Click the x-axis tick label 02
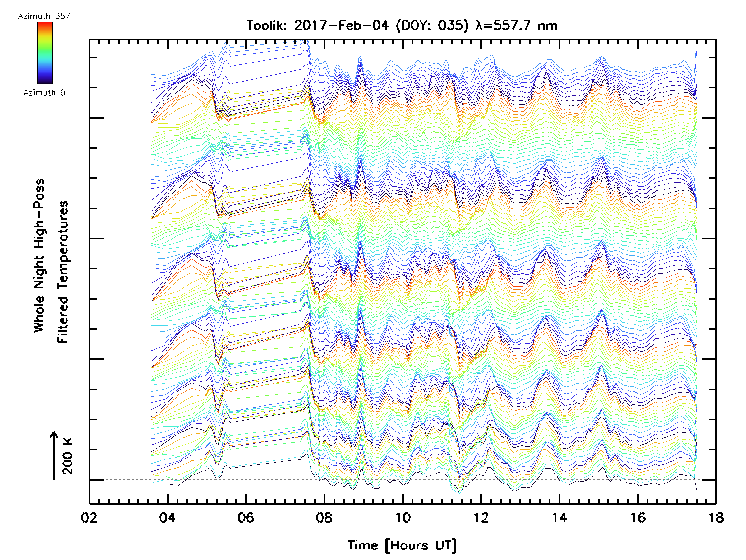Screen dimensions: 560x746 point(89,518)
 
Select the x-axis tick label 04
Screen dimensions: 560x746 point(167,518)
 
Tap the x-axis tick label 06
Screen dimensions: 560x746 point(246,518)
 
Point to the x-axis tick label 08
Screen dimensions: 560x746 point(324,518)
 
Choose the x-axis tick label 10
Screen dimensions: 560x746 point(403,518)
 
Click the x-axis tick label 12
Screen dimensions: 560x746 point(481,518)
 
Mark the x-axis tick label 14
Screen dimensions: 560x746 point(559,518)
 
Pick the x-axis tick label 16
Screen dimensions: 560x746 point(638,518)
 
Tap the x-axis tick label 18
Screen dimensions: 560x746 point(716,518)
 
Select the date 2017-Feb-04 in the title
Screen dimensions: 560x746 point(341,25)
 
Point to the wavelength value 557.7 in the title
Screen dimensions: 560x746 point(513,25)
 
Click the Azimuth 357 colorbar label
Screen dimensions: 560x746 point(44,16)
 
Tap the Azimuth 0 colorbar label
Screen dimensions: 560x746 point(44,92)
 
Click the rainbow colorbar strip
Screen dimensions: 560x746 point(45,53)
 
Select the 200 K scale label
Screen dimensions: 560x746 point(67,456)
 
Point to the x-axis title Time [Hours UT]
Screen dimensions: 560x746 point(402,545)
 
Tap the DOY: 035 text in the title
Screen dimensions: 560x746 point(432,25)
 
